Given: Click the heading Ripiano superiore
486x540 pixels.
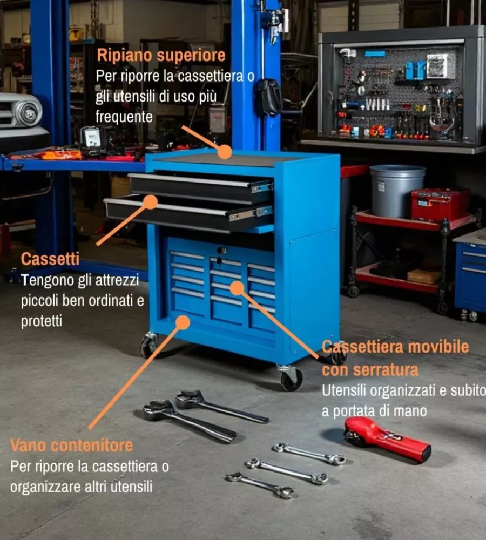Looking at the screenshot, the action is pyautogui.click(x=161, y=56).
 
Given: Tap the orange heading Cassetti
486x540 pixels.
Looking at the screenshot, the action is pyautogui.click(x=50, y=259).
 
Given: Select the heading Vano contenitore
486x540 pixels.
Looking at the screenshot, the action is pyautogui.click(x=72, y=446).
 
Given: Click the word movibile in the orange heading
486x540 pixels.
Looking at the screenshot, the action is pyautogui.click(x=438, y=347).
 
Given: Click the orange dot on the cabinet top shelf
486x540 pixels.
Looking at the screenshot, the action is pyautogui.click(x=225, y=152).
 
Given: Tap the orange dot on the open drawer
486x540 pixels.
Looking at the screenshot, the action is pyautogui.click(x=150, y=202).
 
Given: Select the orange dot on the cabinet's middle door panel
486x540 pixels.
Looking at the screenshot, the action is pyautogui.click(x=237, y=288).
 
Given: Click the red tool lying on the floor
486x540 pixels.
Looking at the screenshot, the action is pyautogui.click(x=387, y=439).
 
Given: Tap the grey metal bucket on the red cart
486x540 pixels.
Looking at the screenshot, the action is pyautogui.click(x=397, y=191).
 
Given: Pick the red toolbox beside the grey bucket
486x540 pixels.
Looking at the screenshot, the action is pyautogui.click(x=440, y=205).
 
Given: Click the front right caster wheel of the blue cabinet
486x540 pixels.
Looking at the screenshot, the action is pyautogui.click(x=291, y=378).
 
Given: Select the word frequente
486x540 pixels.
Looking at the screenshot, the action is pyautogui.click(x=124, y=117).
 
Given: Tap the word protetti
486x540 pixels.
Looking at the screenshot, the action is pyautogui.click(x=42, y=321).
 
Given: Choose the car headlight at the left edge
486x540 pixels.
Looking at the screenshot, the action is pyautogui.click(x=27, y=112).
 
